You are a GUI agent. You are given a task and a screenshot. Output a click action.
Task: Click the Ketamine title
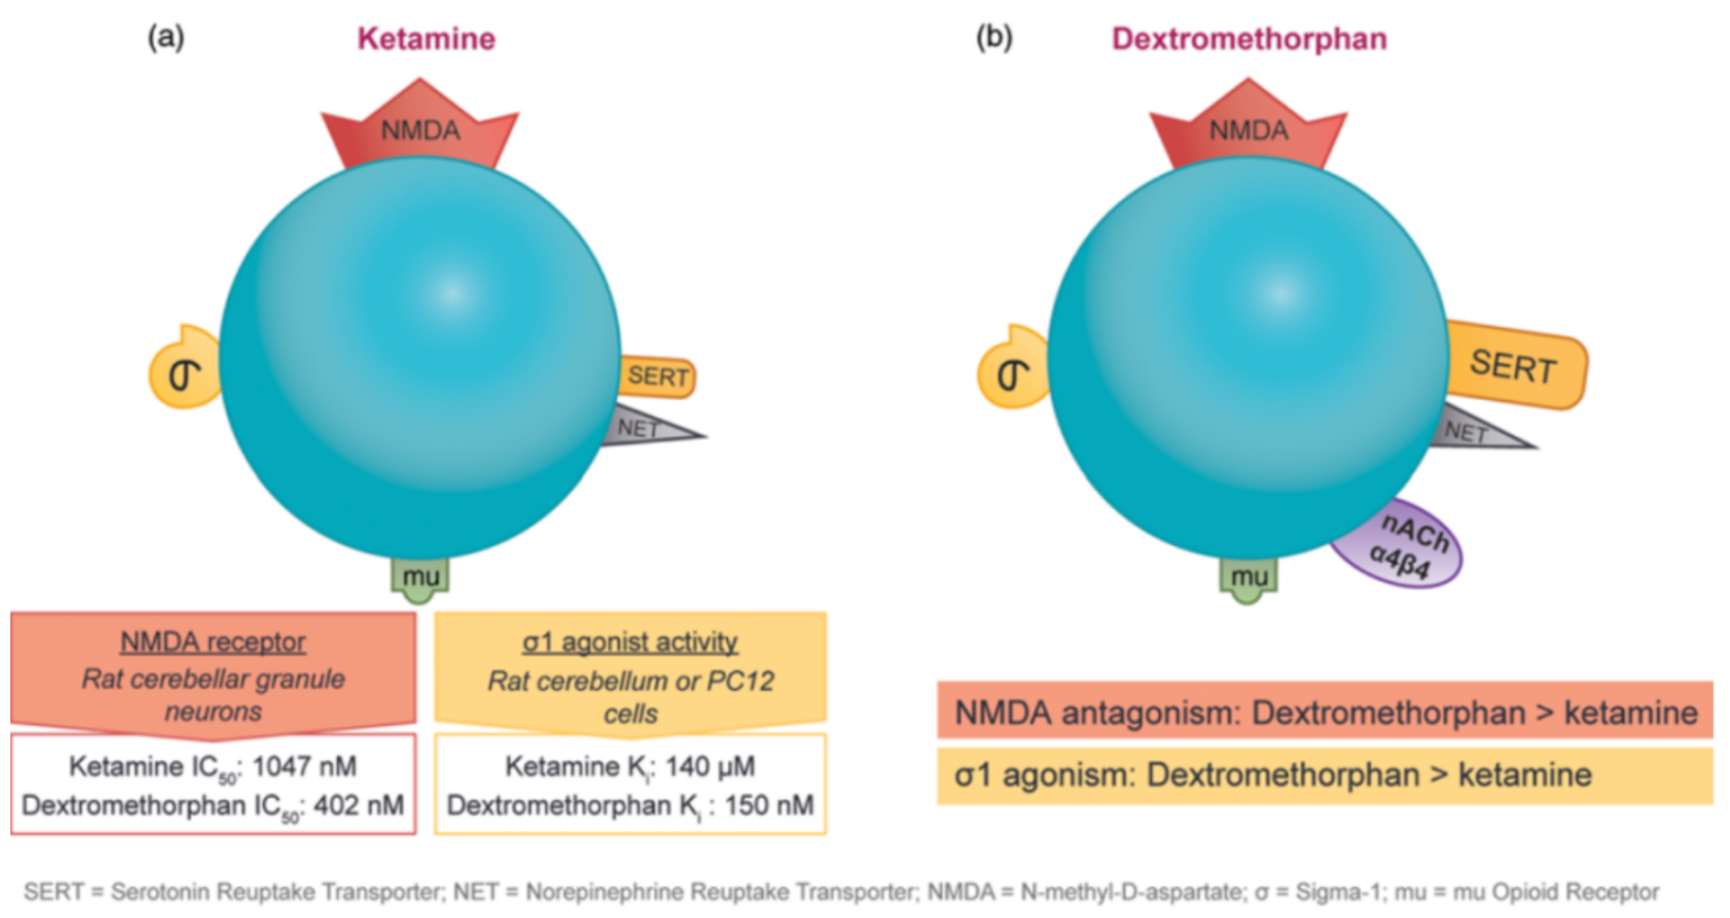point(426,39)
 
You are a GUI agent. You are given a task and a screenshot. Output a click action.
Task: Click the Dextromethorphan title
point(1249,39)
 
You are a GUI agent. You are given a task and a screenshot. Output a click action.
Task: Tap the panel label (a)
point(166,37)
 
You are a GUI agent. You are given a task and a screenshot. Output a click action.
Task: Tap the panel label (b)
point(995,37)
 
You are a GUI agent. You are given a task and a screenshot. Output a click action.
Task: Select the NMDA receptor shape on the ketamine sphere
point(420,127)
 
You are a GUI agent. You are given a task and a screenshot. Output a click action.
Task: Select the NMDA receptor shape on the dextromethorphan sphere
point(1249,127)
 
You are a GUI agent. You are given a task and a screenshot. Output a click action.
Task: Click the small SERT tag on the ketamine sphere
point(657,376)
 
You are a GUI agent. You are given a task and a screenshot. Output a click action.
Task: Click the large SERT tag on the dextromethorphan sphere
point(1514,365)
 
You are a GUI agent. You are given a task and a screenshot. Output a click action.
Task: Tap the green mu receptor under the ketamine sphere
point(421,579)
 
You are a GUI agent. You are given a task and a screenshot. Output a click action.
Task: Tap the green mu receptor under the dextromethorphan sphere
point(1249,579)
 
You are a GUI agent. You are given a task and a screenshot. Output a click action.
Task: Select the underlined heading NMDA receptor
point(213,642)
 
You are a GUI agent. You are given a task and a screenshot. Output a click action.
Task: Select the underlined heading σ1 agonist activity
point(630,642)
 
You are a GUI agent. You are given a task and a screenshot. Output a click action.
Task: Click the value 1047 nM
point(304,766)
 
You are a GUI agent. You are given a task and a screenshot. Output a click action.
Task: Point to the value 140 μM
point(710,766)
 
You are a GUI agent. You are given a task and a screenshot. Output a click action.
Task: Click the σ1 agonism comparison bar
point(1325,775)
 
